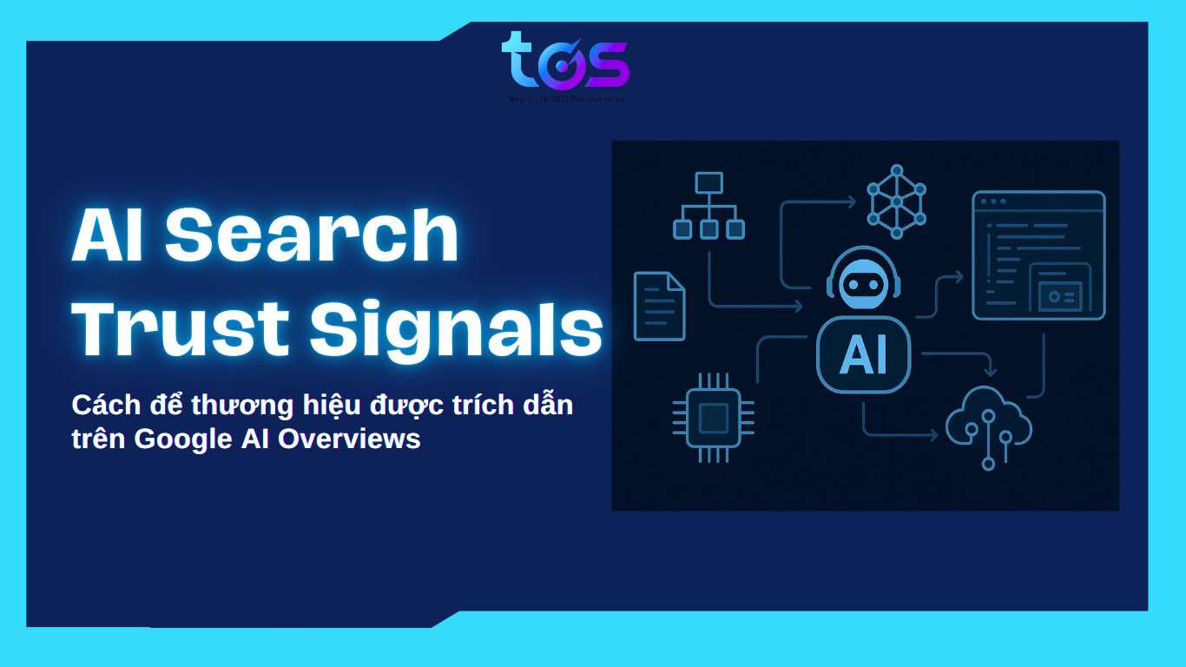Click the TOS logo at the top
(x=565, y=63)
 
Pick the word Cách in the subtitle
(x=101, y=405)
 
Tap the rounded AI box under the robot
(x=863, y=354)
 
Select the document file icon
(x=659, y=306)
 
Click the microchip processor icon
(x=713, y=418)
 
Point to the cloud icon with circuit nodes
(x=988, y=421)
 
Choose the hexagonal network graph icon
(x=897, y=201)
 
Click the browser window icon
(x=1038, y=254)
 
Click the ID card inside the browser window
(x=1060, y=295)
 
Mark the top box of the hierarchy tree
(x=708, y=182)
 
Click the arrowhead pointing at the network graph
(x=852, y=201)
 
